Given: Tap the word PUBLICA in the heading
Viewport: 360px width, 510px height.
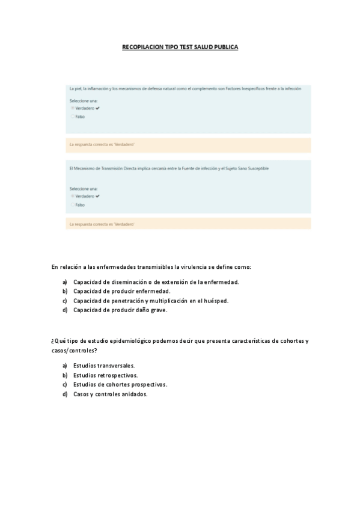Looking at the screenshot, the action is tap(225, 47).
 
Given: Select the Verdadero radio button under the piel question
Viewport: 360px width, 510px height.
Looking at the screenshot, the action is tap(73, 108).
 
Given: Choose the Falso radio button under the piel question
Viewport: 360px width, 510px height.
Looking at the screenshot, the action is tap(73, 116).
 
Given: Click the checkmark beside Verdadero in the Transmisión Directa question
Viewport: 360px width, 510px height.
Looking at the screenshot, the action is tap(97, 196).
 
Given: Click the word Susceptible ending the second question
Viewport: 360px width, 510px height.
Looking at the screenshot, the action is tap(258, 168).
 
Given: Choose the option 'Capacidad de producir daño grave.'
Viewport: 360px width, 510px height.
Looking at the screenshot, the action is tap(120, 310).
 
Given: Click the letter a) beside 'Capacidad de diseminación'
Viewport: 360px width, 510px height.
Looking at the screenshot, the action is tap(65, 281).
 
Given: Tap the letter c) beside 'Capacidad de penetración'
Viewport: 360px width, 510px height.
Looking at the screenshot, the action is tap(65, 301).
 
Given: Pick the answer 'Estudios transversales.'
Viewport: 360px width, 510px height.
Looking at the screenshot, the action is tap(104, 365).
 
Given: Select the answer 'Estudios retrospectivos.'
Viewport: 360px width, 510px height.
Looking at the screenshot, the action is tap(105, 375).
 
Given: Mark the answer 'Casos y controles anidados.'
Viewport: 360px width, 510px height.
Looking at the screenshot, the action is tap(111, 394).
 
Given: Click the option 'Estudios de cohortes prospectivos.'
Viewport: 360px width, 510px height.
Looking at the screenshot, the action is tap(120, 384).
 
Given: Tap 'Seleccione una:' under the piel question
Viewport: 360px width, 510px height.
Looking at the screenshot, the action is tap(84, 100).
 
